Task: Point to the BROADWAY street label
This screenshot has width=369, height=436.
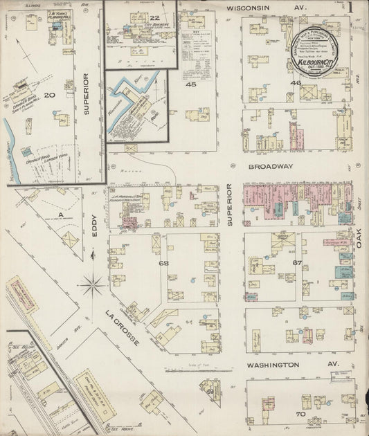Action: coord(269,167)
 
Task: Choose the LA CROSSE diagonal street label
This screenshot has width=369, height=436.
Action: coord(123,328)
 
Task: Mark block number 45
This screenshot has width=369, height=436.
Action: coord(190,84)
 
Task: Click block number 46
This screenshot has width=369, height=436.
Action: coord(296,83)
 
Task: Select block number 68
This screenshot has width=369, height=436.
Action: coord(163,264)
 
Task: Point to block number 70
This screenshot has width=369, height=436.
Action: coord(300,414)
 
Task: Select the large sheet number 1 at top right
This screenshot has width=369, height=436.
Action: coord(351,8)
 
